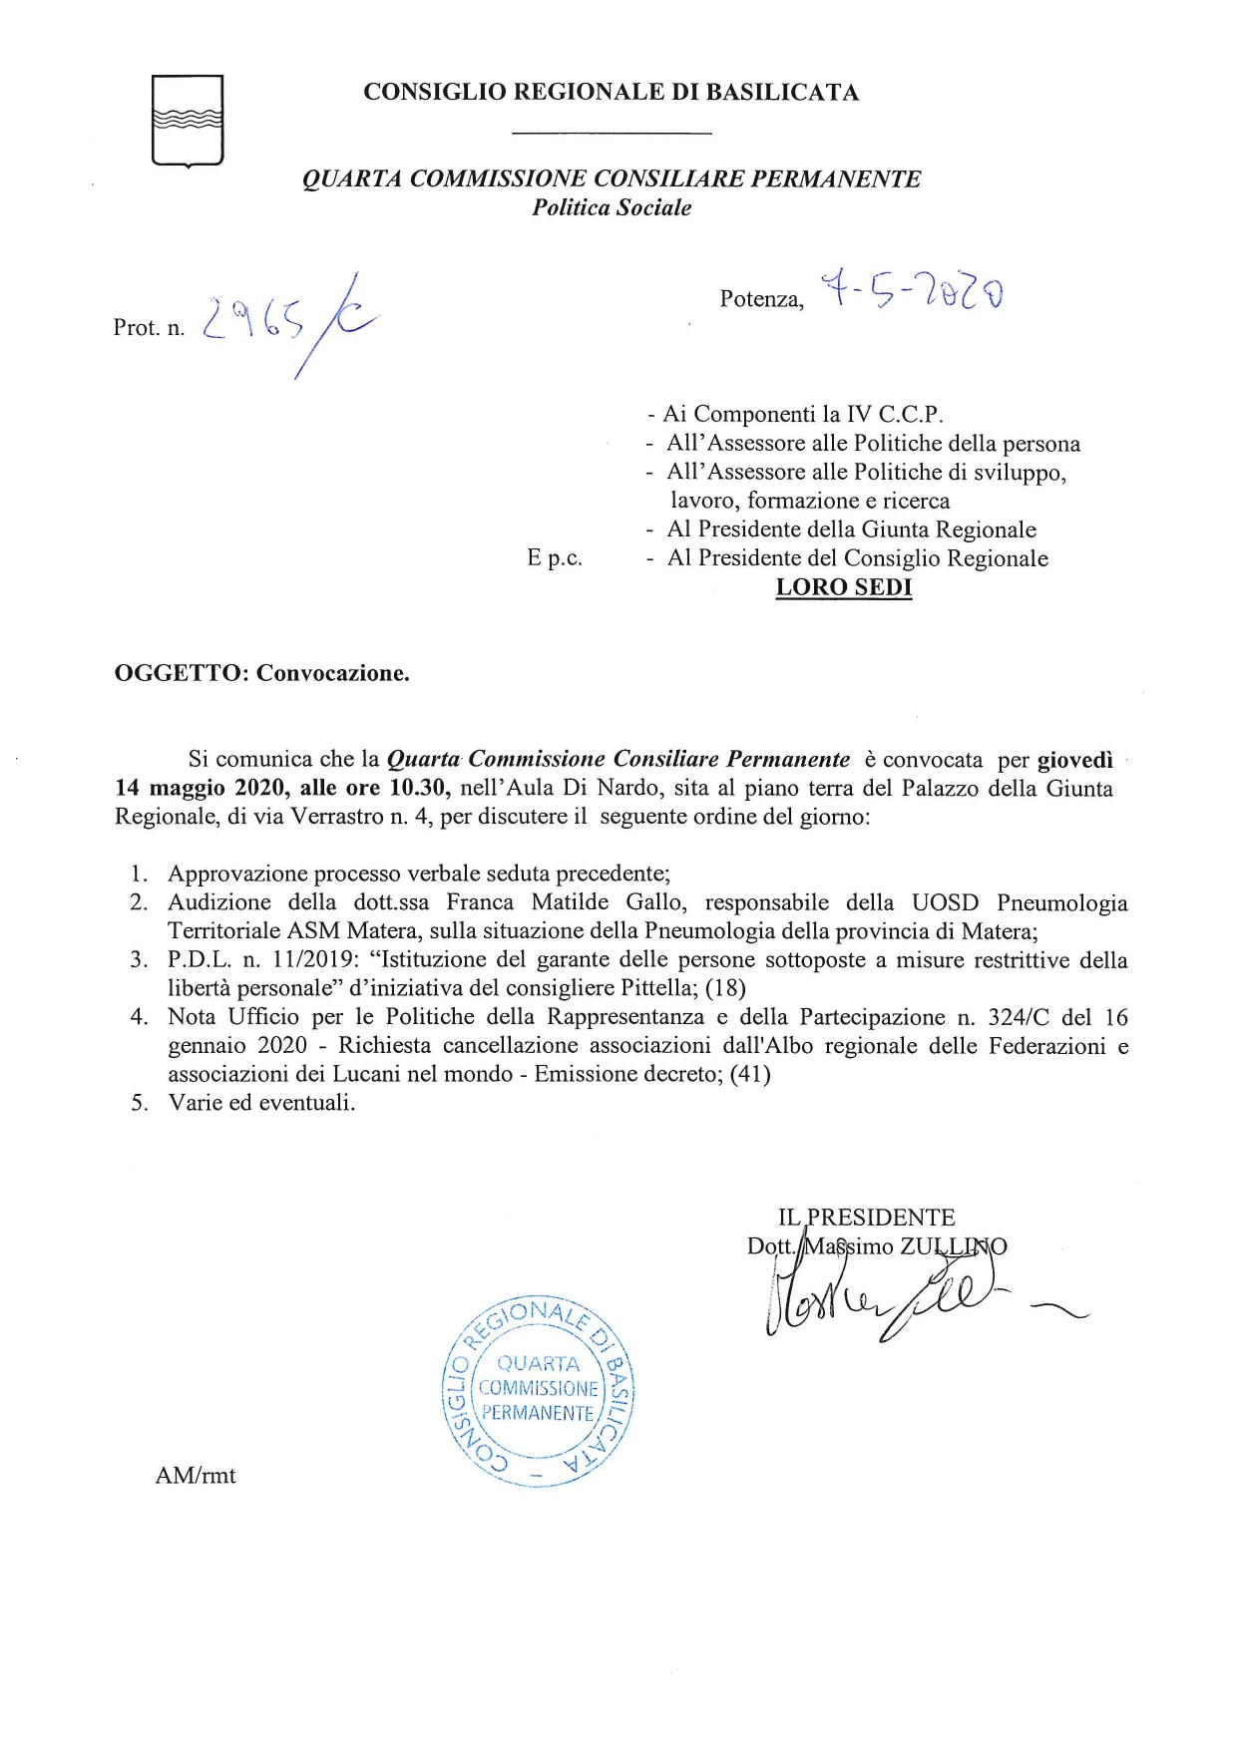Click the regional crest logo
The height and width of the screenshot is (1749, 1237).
tap(188, 120)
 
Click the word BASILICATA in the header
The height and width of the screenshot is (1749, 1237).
tap(782, 93)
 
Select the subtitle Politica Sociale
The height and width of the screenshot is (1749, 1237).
tap(612, 207)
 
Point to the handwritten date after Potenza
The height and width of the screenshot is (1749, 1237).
tap(911, 293)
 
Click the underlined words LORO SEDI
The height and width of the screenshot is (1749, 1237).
tap(844, 587)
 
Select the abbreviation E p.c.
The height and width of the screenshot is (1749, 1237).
tap(555, 558)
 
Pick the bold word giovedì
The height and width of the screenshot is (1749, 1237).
tap(1075, 760)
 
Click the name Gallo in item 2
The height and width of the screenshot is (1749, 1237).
tap(655, 902)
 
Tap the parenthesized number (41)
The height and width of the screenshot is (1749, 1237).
tap(750, 1074)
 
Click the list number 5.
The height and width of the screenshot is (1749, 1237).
tap(140, 1103)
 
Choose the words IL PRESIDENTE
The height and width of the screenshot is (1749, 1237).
tap(866, 1218)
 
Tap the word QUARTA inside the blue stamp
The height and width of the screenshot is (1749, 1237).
tap(538, 1363)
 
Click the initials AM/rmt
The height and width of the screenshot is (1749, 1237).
tap(196, 1476)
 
